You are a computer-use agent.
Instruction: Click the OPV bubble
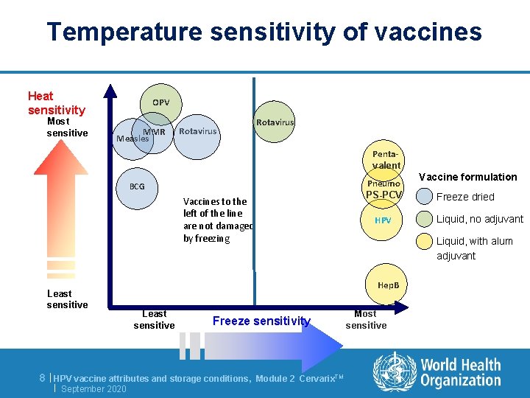click(161, 102)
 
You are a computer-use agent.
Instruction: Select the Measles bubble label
click(132, 138)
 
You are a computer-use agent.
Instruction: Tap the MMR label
click(154, 132)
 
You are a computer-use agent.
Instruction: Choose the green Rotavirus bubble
click(275, 122)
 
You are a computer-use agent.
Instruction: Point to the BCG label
click(137, 186)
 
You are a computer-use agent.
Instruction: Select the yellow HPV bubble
click(383, 220)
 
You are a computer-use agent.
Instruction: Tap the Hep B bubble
click(388, 284)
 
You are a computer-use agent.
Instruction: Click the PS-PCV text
click(384, 195)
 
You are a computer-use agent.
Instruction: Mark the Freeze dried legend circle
click(424, 197)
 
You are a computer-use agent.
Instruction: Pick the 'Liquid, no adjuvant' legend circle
click(424, 219)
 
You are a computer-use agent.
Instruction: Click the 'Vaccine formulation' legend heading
click(467, 177)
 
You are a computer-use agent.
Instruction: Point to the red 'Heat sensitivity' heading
click(56, 103)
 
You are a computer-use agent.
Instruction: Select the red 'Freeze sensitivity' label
click(261, 321)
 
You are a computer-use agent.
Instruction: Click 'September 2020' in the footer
click(93, 388)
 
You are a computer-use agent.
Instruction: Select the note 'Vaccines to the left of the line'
click(218, 220)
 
